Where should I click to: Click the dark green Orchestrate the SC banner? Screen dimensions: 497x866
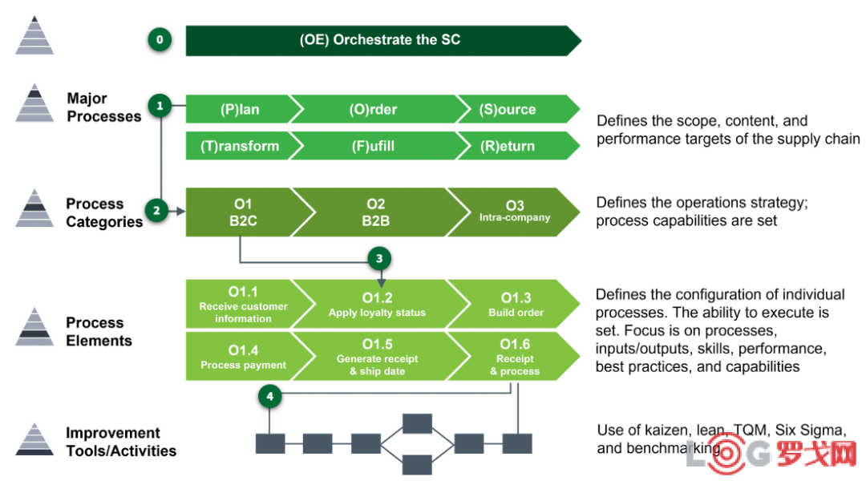381,40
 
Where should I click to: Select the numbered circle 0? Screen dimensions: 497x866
160,40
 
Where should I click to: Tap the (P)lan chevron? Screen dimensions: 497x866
238,109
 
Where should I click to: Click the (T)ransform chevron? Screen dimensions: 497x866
238,146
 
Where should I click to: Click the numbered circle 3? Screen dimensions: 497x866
379,258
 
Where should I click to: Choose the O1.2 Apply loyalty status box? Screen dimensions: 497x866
376,305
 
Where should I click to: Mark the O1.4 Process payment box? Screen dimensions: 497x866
241,357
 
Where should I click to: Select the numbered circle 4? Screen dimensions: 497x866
270,396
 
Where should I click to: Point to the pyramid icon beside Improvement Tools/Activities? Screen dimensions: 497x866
34,439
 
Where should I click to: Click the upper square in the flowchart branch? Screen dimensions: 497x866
417,422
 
